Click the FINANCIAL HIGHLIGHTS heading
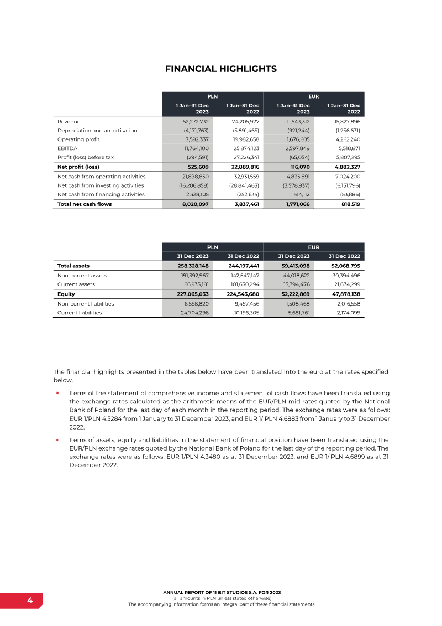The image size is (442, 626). click(221, 69)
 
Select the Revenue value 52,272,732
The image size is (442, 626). click(193, 121)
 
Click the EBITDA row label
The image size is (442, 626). click(67, 148)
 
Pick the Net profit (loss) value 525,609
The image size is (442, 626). click(197, 167)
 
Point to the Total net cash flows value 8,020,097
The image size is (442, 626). click(194, 204)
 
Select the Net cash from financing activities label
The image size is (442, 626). click(101, 194)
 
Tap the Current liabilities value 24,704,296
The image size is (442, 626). click(193, 312)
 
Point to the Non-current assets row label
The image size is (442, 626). click(82, 275)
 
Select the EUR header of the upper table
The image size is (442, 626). click(314, 96)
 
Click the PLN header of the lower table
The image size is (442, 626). click(212, 247)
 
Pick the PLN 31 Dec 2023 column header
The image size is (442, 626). click(193, 256)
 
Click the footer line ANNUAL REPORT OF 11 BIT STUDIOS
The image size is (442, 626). click(222, 592)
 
